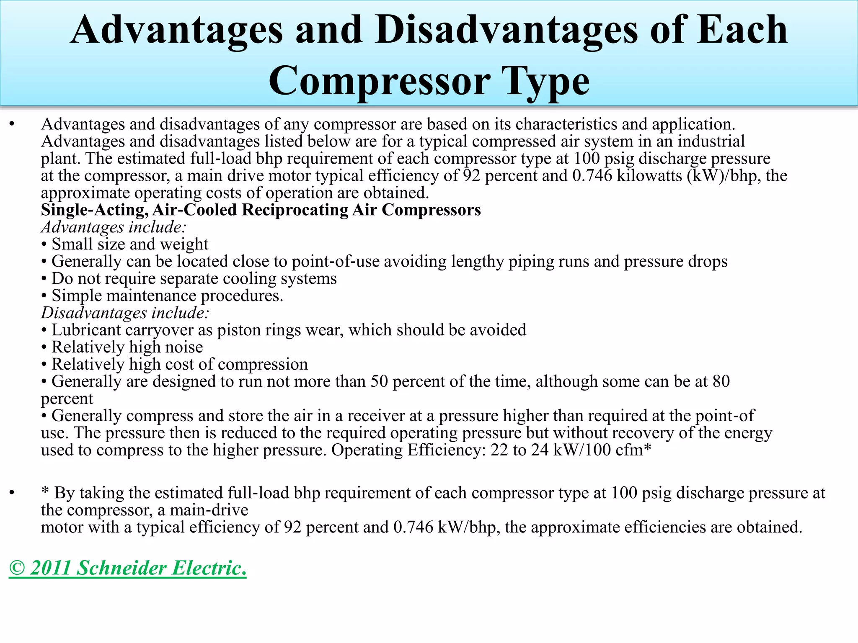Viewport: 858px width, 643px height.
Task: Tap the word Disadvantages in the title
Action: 506,29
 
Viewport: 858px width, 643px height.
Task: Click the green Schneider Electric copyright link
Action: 128,568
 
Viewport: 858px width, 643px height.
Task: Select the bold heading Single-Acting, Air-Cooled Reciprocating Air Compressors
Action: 261,210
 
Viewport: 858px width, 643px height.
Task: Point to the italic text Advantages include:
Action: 114,227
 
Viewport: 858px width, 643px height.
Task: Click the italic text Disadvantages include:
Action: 125,313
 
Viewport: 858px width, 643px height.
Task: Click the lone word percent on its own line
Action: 67,399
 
